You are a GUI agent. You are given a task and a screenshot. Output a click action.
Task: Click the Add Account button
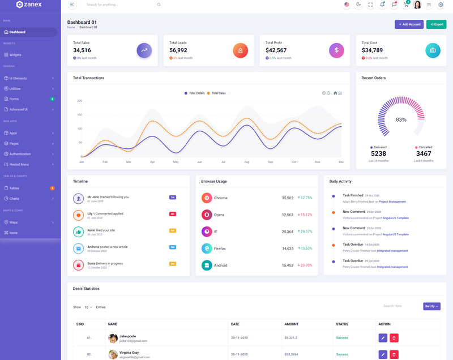click(x=409, y=24)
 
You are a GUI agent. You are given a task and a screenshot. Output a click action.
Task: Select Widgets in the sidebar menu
click(x=15, y=55)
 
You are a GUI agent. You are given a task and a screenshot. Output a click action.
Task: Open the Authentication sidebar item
click(x=20, y=154)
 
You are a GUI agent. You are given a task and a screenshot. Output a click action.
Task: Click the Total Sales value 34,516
click(x=82, y=50)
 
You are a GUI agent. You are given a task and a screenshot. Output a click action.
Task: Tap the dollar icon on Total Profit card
click(x=336, y=50)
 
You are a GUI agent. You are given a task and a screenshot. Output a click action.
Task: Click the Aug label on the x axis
click(x=247, y=162)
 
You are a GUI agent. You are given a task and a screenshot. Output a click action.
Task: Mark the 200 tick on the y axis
click(x=80, y=101)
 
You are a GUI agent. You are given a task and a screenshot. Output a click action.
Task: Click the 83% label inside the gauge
click(x=401, y=119)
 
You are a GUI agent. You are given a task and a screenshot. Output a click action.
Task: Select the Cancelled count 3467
click(x=424, y=153)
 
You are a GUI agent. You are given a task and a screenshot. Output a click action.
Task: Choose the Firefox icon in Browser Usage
click(x=207, y=248)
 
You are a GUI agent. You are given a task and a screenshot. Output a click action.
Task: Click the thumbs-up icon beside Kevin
click(x=78, y=232)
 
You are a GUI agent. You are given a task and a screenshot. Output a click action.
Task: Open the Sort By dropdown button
click(x=431, y=306)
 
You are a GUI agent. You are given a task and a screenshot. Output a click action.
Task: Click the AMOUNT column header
click(x=292, y=324)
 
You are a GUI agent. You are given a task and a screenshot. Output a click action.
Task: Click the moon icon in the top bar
click(x=358, y=5)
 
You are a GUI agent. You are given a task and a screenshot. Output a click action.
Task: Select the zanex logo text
click(x=32, y=5)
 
